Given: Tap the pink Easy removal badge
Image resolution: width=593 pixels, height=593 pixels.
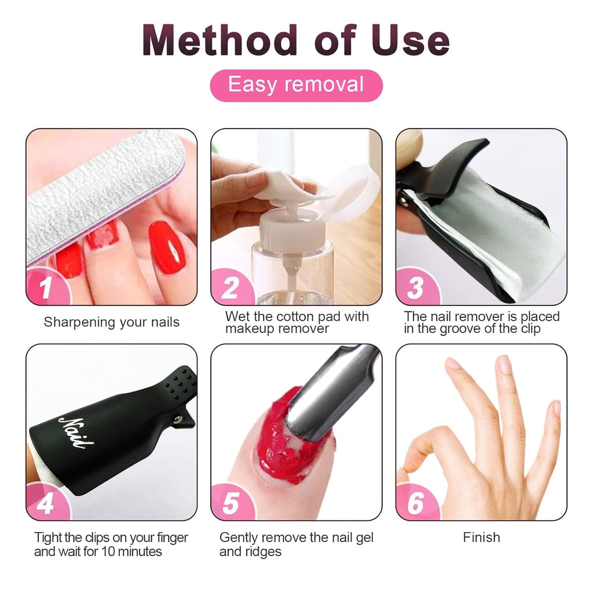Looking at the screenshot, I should point(296,85).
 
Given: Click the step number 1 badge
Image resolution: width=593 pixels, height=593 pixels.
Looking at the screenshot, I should point(46,288).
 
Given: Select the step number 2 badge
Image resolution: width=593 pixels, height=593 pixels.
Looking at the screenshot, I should point(230,288).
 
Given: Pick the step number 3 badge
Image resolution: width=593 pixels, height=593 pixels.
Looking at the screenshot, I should point(415,288).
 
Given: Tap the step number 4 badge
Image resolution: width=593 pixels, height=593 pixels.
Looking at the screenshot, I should point(46,503).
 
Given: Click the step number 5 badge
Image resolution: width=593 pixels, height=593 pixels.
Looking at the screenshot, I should point(230,503).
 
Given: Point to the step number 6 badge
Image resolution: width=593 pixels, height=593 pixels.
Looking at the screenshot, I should point(415,503).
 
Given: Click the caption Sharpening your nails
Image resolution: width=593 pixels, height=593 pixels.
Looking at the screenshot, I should point(111,323).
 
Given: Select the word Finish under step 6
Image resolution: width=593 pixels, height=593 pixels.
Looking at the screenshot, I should point(481,537).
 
